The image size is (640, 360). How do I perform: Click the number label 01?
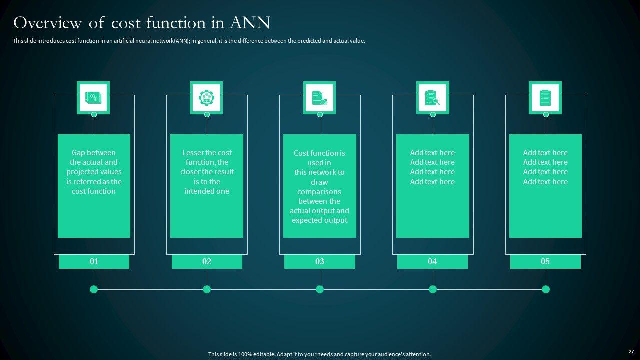coord(94,261)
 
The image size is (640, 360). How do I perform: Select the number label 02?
coord(207,261)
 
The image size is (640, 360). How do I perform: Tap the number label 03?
coord(320,261)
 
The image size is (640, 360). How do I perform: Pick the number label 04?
coord(432,261)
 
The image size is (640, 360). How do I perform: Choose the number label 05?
coord(545,261)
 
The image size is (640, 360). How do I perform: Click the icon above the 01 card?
coord(93,98)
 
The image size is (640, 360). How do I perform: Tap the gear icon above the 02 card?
coord(206,98)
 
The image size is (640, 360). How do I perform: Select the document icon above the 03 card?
coord(319,98)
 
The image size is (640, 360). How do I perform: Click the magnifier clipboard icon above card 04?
coord(432,98)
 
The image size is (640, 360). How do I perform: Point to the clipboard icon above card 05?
coord(545,98)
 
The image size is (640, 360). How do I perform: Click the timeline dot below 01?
coord(94,289)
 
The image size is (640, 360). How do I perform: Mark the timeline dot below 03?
coord(320,289)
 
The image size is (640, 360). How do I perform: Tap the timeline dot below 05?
coord(546,289)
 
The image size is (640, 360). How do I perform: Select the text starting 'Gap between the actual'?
coord(94,172)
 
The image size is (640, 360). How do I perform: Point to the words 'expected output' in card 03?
coord(320,220)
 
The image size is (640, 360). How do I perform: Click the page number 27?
coord(631,352)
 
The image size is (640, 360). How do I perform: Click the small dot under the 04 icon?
coord(433,115)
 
